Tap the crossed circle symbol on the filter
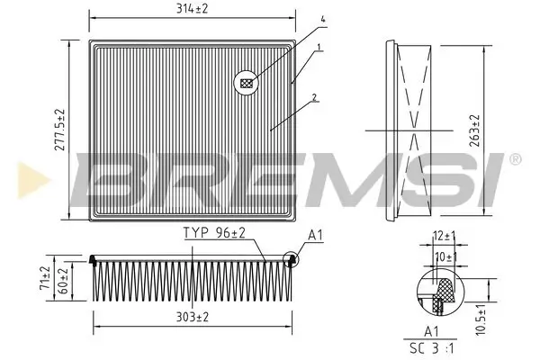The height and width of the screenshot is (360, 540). [x=247, y=84]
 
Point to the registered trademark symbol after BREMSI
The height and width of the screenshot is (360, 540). [x=514, y=158]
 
